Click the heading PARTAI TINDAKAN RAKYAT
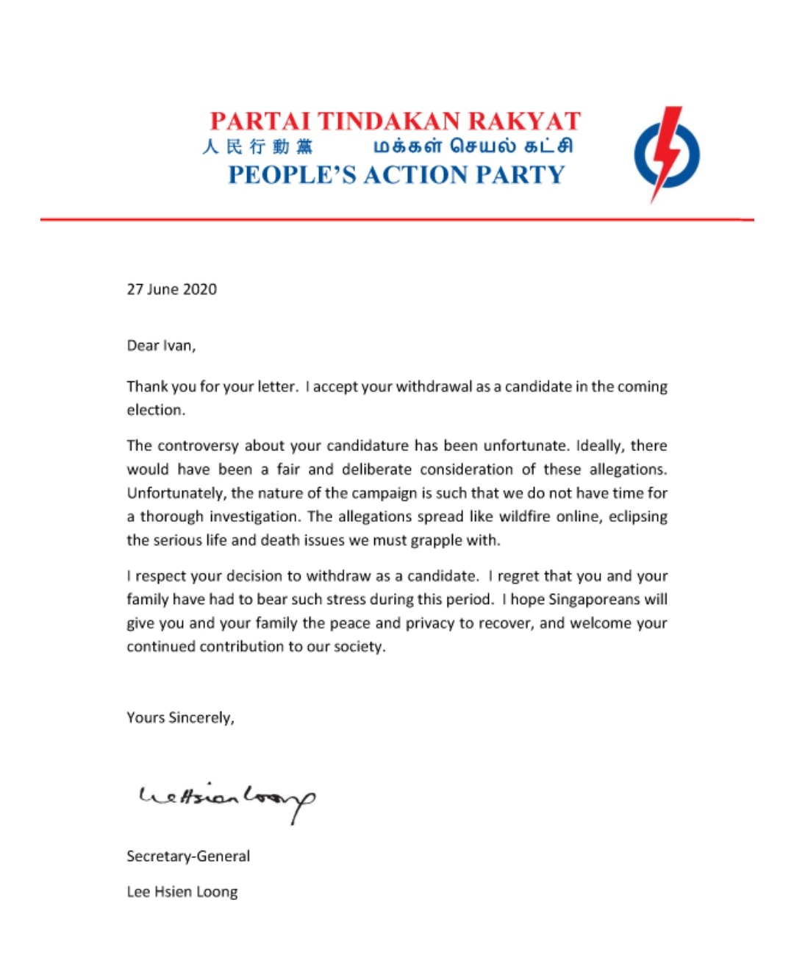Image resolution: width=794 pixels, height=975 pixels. tap(396, 121)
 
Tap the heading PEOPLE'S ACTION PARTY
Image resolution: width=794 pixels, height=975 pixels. tap(396, 174)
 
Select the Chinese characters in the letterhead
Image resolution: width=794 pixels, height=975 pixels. tap(257, 146)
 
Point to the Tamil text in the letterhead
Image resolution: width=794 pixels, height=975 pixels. tap(473, 146)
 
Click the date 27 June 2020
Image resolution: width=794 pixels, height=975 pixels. tap(172, 289)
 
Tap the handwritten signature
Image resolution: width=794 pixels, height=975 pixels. tap(227, 799)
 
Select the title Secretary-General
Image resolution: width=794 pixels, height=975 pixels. tap(188, 856)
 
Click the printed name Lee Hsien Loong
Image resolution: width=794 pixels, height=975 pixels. tap(182, 892)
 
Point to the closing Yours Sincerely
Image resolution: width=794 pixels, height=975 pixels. tap(180, 717)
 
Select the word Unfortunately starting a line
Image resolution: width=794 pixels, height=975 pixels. tap(176, 493)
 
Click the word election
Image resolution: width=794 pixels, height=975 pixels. tap(155, 410)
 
